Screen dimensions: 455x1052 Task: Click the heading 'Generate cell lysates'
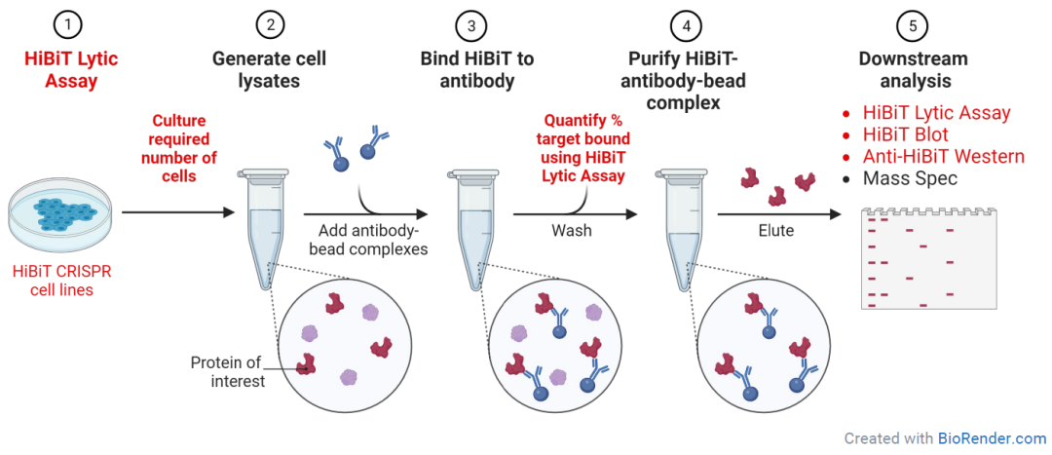pos(269,70)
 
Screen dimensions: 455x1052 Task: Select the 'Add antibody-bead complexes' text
pos(366,241)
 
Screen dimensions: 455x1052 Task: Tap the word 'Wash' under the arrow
pos(572,232)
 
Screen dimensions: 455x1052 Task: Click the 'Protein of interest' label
pos(238,371)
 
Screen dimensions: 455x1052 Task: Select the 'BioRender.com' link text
pos(992,438)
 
